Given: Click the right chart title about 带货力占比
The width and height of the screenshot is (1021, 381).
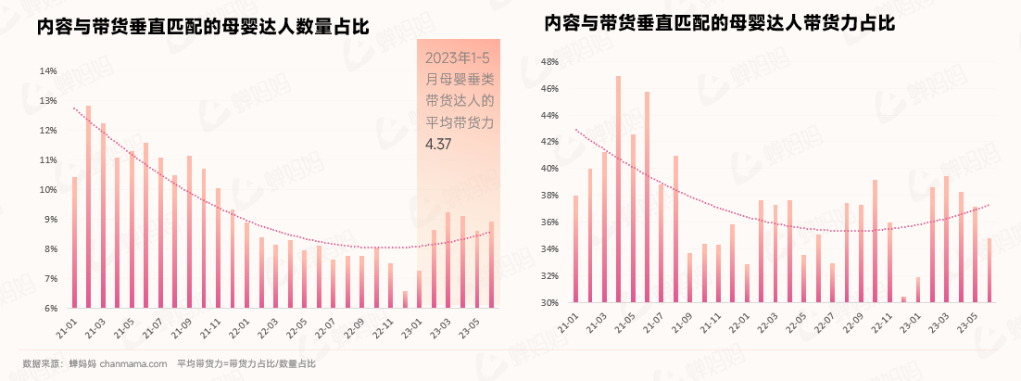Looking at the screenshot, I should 719,22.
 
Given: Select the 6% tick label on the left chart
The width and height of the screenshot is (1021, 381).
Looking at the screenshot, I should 51,308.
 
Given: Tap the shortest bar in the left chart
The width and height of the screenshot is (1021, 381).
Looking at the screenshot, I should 405,299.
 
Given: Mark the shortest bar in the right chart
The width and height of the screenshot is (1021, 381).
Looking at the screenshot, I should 903,299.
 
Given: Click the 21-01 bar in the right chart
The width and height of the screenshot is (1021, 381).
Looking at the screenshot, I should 575,249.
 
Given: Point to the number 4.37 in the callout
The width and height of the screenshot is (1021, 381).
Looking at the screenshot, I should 438,144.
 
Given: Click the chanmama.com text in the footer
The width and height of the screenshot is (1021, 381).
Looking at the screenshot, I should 132,363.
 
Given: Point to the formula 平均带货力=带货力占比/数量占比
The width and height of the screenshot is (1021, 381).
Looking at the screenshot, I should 246,363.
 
